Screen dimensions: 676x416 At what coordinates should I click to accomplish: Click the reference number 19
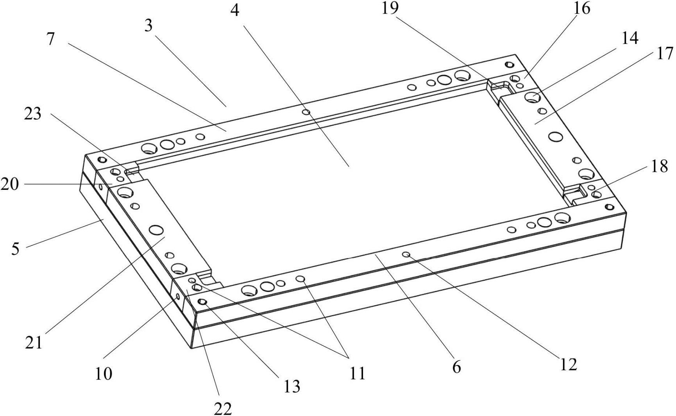(x=390, y=8)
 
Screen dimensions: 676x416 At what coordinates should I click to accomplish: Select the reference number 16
(x=582, y=8)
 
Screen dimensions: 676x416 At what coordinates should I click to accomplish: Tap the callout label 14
(x=630, y=38)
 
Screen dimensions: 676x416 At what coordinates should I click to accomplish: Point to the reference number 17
(x=665, y=53)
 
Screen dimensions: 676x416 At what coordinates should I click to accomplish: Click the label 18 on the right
(x=660, y=166)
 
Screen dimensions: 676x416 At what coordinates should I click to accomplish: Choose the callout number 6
(x=456, y=367)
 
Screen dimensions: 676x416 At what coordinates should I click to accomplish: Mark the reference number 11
(x=357, y=373)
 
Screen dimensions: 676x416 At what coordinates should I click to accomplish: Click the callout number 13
(x=292, y=386)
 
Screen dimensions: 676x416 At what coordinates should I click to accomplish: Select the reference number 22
(x=223, y=408)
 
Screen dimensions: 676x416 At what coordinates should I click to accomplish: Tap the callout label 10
(x=104, y=373)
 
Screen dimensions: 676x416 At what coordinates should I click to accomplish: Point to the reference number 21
(x=34, y=343)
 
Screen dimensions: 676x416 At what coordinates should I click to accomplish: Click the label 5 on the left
(x=15, y=249)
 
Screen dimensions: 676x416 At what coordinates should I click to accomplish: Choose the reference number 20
(x=9, y=184)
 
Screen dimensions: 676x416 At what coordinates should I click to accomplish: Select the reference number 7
(x=50, y=39)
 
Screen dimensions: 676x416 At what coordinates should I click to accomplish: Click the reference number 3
(x=148, y=26)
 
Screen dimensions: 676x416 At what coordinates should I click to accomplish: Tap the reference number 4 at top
(x=234, y=10)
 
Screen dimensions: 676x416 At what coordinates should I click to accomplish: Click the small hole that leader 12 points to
(x=406, y=255)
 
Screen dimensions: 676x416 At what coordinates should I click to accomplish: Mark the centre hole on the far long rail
(x=307, y=112)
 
